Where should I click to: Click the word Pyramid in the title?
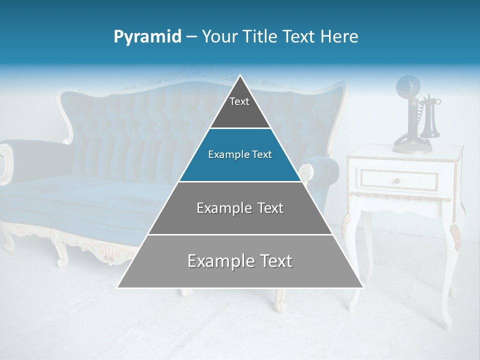click(x=147, y=37)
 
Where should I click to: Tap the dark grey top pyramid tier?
click(x=240, y=110)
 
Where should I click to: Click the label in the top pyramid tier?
click(x=239, y=101)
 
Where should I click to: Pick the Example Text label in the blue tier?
click(x=240, y=154)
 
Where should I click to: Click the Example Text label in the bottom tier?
click(x=240, y=261)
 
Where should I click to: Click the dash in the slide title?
click(x=191, y=37)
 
